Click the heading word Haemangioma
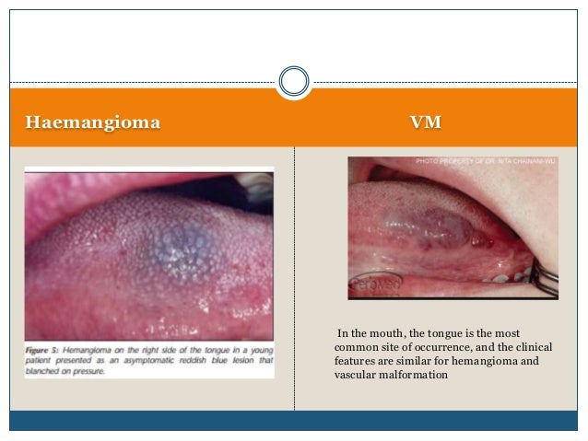(92, 122)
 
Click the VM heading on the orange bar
(426, 122)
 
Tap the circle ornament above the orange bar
(294, 82)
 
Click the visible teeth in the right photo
(498, 277)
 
